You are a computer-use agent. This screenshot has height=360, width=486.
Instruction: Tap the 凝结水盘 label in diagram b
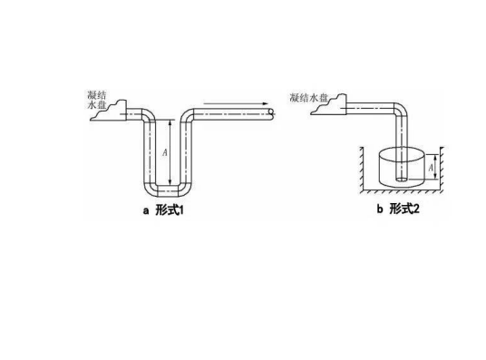[x=307, y=97]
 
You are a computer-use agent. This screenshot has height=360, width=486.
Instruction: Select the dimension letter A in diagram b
[x=432, y=166]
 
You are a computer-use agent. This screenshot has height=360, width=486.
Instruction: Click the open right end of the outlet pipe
[x=273, y=112]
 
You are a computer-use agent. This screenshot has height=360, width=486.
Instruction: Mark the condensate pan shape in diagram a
[x=113, y=115]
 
